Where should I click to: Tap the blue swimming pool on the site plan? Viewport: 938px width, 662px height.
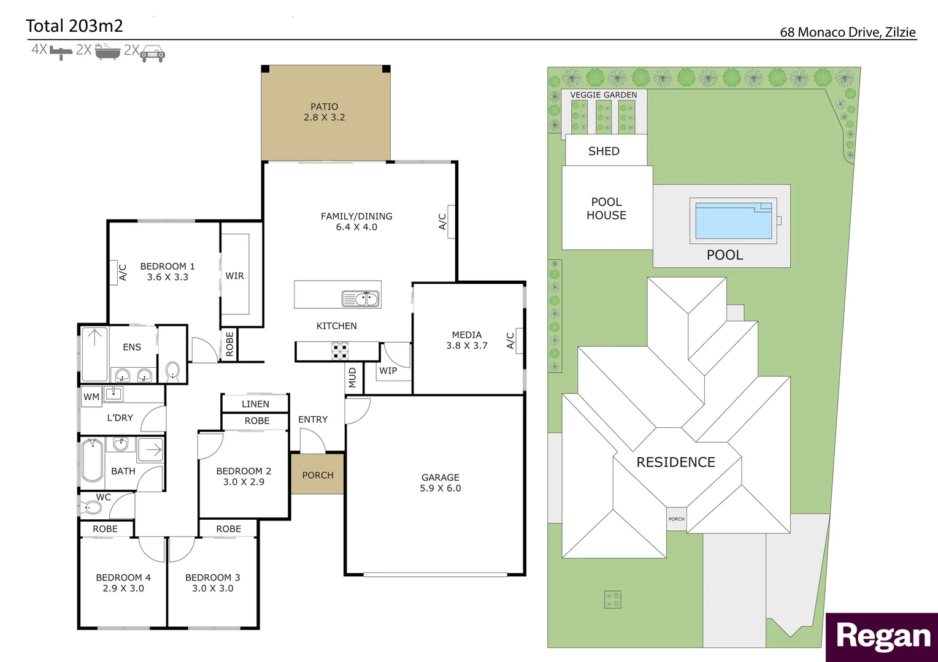[734, 221]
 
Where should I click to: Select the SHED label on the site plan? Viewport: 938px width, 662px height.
[604, 151]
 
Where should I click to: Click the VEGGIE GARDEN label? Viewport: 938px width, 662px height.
[604, 95]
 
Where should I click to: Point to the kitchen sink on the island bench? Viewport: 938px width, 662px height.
[361, 299]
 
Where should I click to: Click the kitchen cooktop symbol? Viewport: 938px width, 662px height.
[340, 351]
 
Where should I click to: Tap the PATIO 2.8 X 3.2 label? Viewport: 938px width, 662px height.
[324, 112]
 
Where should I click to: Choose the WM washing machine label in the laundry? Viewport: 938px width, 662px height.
[91, 397]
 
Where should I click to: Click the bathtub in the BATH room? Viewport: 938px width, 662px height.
[93, 460]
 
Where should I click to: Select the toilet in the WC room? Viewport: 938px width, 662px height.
[92, 508]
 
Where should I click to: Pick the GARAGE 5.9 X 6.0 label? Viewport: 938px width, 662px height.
[440, 482]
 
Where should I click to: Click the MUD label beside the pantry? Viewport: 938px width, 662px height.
[352, 378]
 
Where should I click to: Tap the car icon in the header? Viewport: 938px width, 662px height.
[152, 53]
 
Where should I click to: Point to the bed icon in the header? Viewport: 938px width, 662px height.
[61, 52]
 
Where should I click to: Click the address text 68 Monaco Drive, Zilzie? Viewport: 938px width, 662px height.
[848, 32]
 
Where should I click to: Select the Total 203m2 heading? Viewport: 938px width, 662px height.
[74, 26]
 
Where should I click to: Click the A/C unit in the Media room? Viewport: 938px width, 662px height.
[519, 341]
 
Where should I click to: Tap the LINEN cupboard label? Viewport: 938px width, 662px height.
[255, 404]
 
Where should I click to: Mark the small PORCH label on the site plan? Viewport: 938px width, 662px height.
[676, 519]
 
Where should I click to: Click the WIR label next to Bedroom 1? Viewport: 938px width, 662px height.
[234, 276]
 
